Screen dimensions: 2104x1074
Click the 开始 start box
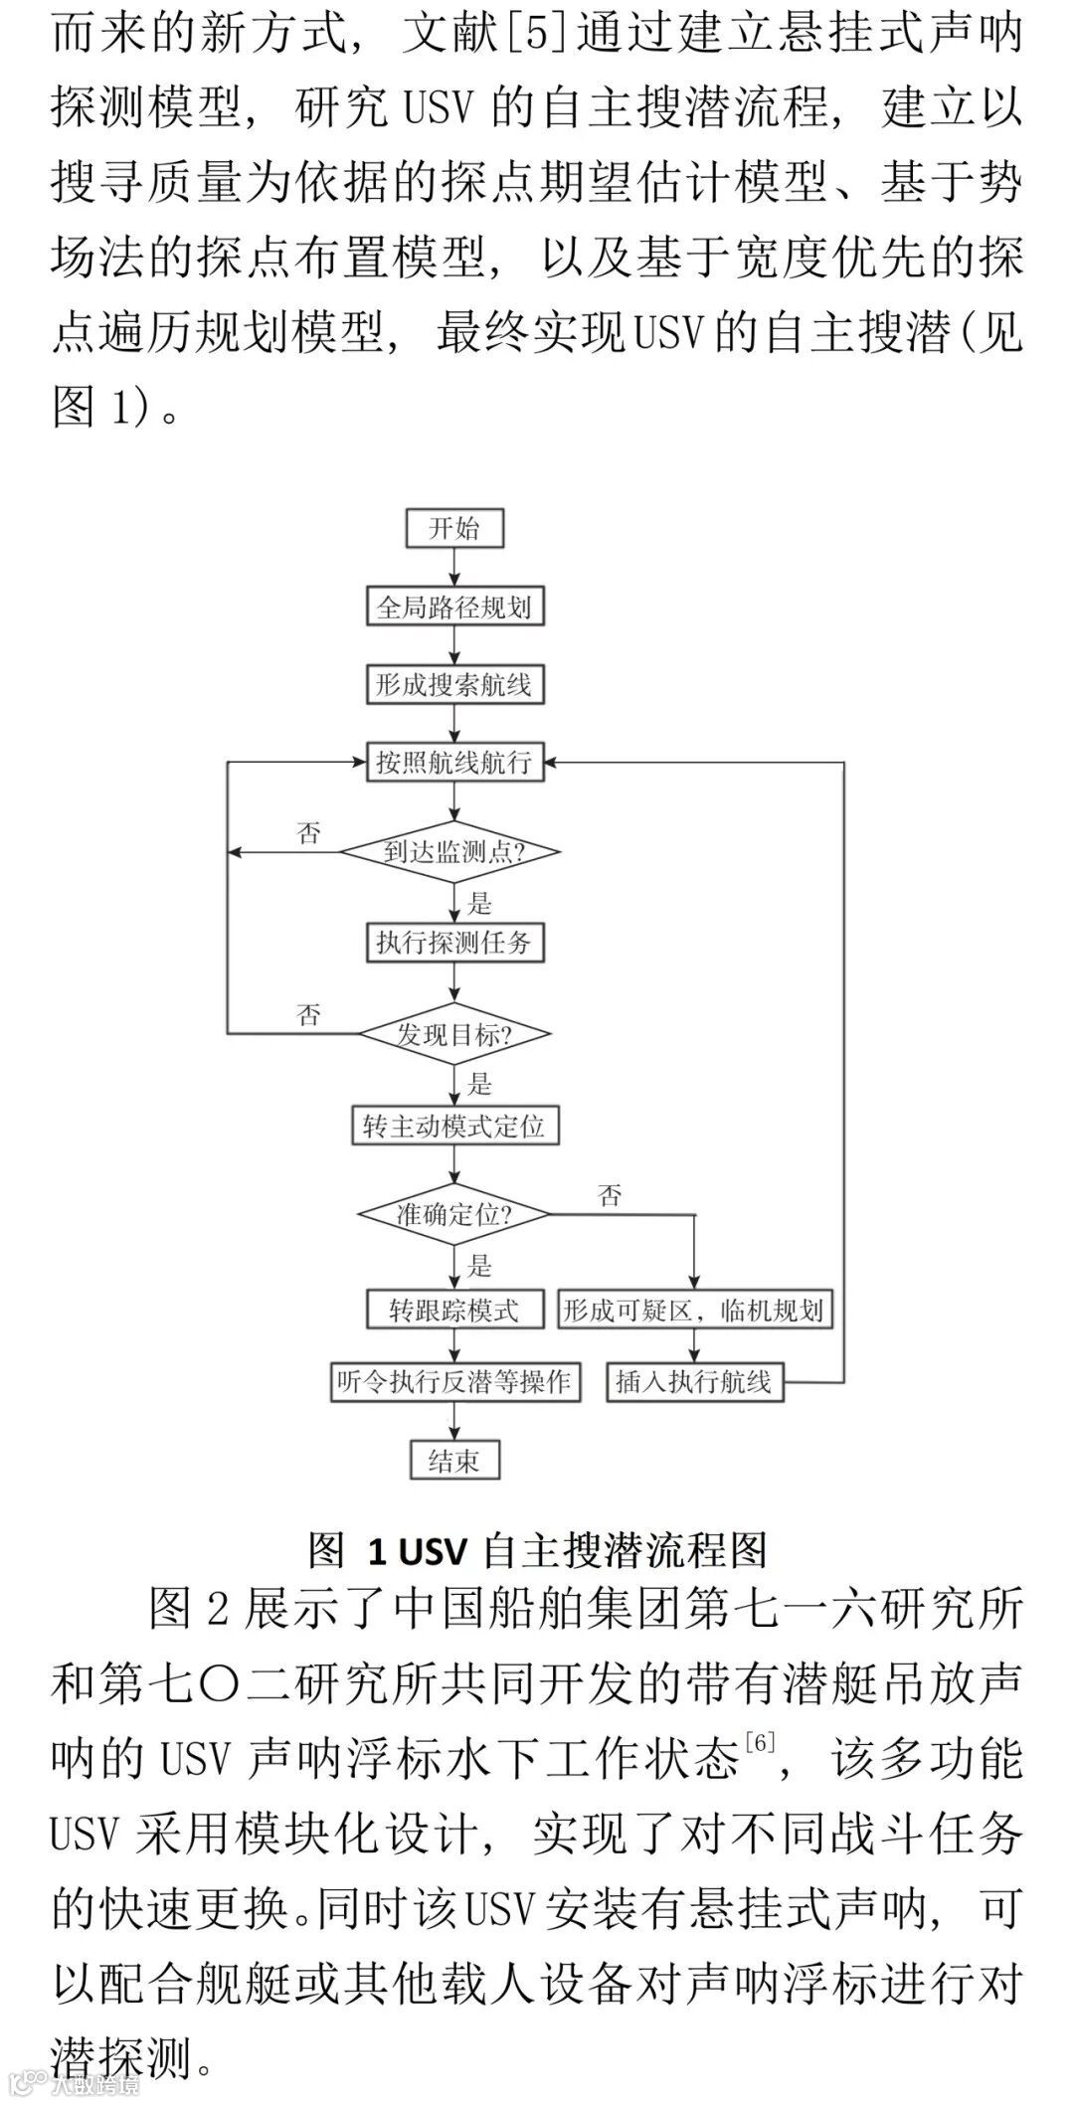[454, 528]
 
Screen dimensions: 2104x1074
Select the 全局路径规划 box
[454, 607]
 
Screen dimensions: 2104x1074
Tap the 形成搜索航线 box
[454, 684]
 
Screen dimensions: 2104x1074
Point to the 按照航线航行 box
[454, 763]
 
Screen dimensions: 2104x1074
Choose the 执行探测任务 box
[454, 943]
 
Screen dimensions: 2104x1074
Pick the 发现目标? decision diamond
[454, 1035]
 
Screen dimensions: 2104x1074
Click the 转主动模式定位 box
[453, 1127]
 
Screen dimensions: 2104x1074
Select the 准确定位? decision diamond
[453, 1215]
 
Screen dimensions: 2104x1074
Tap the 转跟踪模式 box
[454, 1310]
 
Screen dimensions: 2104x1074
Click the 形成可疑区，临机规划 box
[693, 1310]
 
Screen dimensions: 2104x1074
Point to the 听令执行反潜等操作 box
[454, 1382]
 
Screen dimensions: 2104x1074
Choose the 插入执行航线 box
[694, 1382]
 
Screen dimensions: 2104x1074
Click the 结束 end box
[454, 1460]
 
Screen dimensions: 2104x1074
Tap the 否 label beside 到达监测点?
[309, 833]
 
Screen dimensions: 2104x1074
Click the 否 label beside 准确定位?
[610, 1195]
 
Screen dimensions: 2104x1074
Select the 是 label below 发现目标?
[480, 1084]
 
